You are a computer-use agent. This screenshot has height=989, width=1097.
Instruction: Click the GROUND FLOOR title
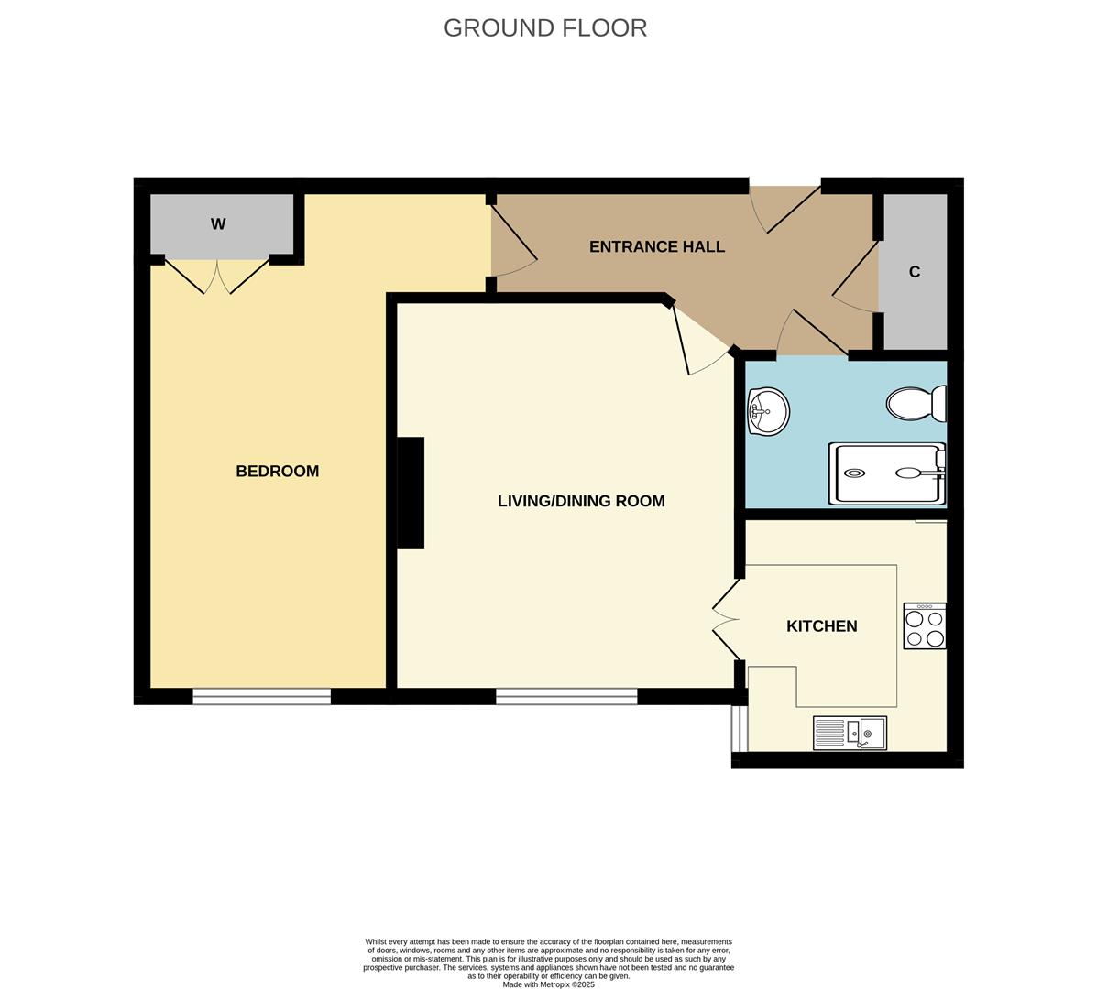pyautogui.click(x=545, y=28)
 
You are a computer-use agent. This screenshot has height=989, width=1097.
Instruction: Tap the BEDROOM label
pyautogui.click(x=277, y=472)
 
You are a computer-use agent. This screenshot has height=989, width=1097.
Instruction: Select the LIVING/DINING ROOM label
pyautogui.click(x=581, y=501)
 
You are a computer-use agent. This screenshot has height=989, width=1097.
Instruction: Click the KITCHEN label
pyautogui.click(x=821, y=626)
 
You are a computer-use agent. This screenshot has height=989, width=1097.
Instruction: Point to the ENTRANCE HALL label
pyautogui.click(x=656, y=247)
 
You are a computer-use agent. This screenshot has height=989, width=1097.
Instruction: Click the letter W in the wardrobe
pyautogui.click(x=218, y=224)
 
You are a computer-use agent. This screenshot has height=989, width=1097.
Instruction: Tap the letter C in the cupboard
pyautogui.click(x=914, y=272)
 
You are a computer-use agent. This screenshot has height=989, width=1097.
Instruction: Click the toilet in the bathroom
pyautogui.click(x=916, y=403)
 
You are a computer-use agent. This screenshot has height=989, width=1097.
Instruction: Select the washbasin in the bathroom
pyautogui.click(x=768, y=411)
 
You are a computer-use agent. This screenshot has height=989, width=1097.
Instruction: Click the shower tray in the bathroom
pyautogui.click(x=886, y=473)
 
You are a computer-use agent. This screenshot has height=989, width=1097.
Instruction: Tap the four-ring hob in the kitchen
pyautogui.click(x=924, y=626)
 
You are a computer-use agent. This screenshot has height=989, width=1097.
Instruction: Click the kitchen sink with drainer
pyautogui.click(x=850, y=733)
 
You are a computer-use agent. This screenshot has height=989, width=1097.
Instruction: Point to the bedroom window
pyautogui.click(x=261, y=697)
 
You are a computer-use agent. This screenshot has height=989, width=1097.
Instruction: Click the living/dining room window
pyautogui.click(x=566, y=697)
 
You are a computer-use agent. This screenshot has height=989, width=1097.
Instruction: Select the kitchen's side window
pyautogui.click(x=739, y=728)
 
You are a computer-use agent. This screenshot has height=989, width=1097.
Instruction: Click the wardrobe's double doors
pyautogui.click(x=217, y=276)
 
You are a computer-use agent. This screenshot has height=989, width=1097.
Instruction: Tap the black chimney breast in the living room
pyautogui.click(x=410, y=493)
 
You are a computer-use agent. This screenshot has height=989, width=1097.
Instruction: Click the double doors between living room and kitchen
pyautogui.click(x=726, y=619)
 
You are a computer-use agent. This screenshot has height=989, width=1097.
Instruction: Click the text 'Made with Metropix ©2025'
pyautogui.click(x=548, y=984)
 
